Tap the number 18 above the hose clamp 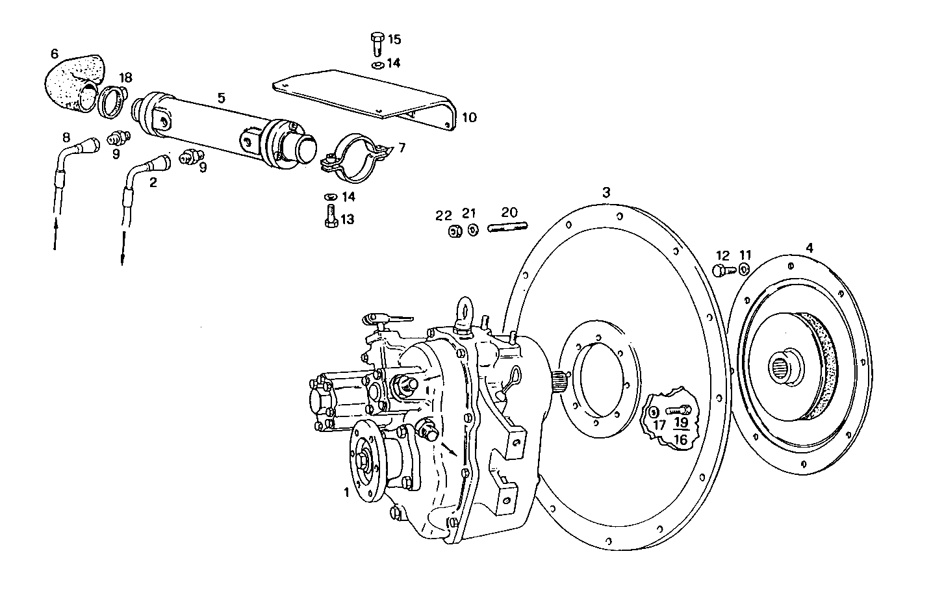[x=125, y=77]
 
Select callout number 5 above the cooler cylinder [x=222, y=98]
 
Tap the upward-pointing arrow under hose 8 [x=55, y=234]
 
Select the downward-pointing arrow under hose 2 [x=122, y=250]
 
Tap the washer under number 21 [x=472, y=230]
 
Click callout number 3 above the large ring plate [x=606, y=192]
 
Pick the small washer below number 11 [x=744, y=269]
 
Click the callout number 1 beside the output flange [x=346, y=493]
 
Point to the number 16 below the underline [x=680, y=440]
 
